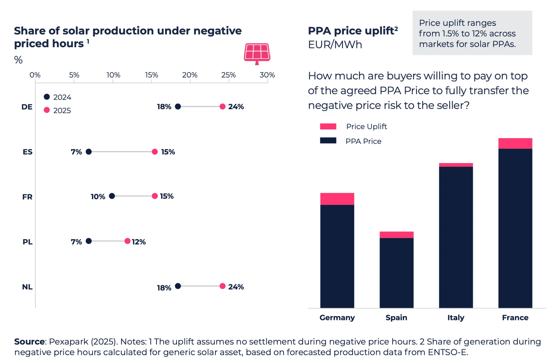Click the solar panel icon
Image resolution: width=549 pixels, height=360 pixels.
click(257, 53)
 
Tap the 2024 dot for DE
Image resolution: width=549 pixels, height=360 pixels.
click(178, 106)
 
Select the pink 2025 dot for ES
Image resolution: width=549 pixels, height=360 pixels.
click(155, 152)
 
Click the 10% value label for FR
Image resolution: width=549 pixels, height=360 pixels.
click(98, 197)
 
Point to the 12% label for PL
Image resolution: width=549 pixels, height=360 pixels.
click(139, 242)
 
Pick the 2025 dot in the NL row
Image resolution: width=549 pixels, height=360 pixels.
click(222, 286)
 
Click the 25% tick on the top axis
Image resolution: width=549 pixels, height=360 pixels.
click(228, 75)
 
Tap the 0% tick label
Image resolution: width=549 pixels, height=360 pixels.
click(35, 75)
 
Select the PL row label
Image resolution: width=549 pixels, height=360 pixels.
click(27, 242)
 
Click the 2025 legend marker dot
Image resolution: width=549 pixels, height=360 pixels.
click(47, 110)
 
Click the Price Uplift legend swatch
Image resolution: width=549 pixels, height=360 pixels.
click(328, 126)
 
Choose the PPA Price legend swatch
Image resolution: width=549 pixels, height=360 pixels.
click(328, 141)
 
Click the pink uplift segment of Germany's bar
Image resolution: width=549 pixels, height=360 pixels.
click(337, 199)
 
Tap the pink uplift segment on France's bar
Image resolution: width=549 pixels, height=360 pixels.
click(515, 143)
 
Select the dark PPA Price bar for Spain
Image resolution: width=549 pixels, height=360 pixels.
click(396, 272)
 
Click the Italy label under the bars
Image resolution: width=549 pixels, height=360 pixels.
click(456, 318)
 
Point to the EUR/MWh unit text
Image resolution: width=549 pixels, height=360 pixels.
click(335, 45)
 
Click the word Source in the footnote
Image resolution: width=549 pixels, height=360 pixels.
click(29, 341)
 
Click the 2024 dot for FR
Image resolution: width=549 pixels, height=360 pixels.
click(112, 196)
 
